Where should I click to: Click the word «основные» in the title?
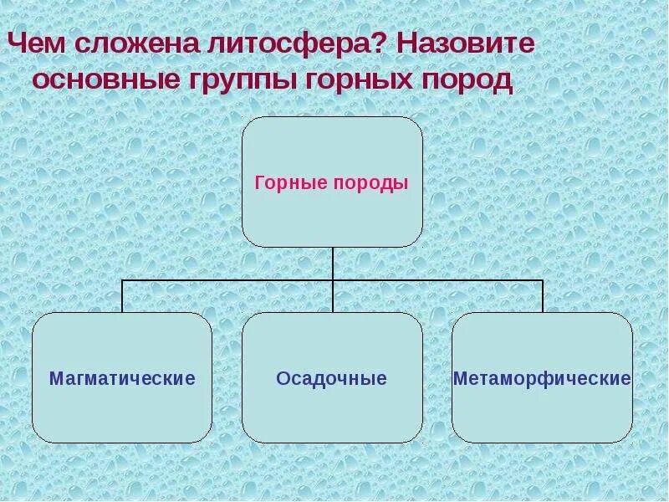click(100, 81)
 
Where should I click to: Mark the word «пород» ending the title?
click(466, 82)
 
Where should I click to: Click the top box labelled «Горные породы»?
click(332, 209)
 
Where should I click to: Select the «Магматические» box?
click(122, 410)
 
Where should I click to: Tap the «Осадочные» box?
click(332, 410)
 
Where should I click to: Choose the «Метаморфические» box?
click(542, 410)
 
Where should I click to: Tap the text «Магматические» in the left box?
click(122, 379)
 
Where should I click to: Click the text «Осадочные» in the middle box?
click(332, 379)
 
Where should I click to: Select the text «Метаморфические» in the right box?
click(542, 379)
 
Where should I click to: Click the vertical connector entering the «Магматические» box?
click(122, 297)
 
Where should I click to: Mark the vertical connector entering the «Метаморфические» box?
click(543, 297)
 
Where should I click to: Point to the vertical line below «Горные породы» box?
click(332, 263)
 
